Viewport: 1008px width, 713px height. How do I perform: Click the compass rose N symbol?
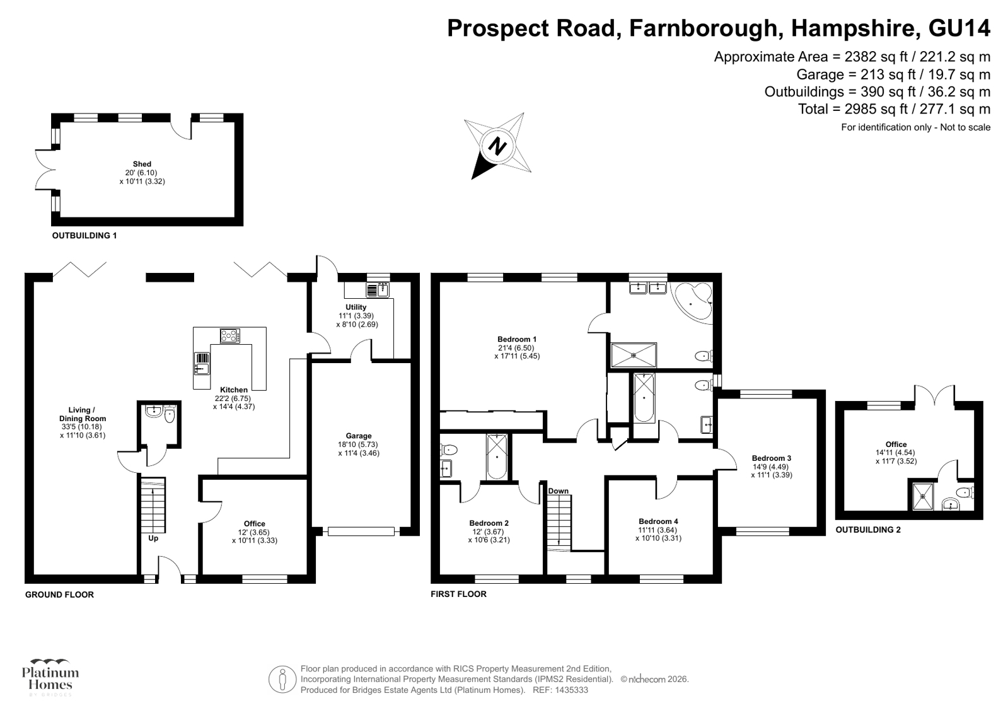(498, 146)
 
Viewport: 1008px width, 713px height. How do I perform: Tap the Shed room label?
(142, 165)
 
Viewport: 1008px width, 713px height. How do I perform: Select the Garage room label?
(359, 436)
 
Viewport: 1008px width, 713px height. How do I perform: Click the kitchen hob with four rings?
(230, 336)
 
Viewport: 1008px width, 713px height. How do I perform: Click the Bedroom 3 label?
(772, 458)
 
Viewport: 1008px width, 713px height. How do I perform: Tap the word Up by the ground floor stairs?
(153, 538)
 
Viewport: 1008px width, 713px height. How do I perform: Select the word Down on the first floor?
(558, 491)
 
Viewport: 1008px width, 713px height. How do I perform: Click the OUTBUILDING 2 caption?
(868, 530)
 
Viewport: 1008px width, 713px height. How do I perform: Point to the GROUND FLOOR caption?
(59, 594)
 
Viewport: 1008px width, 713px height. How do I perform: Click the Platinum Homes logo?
(50, 678)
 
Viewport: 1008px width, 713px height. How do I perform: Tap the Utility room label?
(356, 307)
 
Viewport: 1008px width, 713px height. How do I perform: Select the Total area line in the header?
(894, 109)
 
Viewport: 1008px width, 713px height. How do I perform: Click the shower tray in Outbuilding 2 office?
(923, 497)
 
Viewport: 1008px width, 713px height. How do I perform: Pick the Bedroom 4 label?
(658, 522)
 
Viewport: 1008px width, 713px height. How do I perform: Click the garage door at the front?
(361, 531)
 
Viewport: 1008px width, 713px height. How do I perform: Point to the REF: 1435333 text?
(560, 690)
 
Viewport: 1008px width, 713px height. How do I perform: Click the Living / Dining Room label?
(83, 414)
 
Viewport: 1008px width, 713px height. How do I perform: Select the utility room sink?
(378, 290)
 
